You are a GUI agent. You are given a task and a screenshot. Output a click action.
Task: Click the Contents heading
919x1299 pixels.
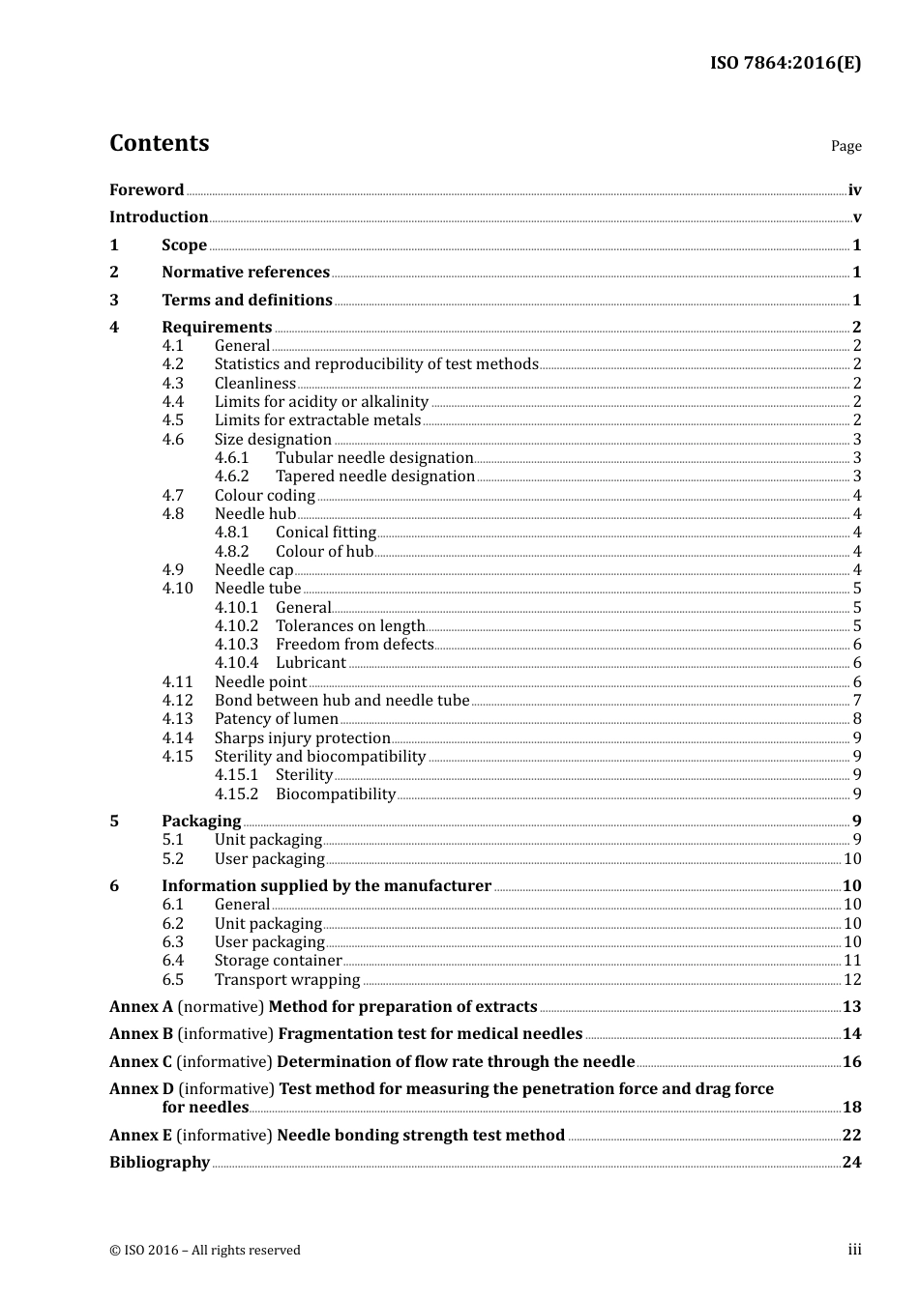159,143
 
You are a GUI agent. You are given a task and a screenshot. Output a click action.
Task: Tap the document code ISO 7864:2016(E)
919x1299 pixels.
785,63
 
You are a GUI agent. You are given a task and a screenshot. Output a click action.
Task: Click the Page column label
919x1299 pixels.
845,146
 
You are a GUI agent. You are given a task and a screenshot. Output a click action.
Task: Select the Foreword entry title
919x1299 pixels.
146,190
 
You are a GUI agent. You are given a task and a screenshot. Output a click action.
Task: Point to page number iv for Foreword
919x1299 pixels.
854,190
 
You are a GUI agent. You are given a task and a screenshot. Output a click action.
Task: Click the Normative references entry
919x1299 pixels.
246,273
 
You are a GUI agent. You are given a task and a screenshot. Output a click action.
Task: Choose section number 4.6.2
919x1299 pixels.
231,476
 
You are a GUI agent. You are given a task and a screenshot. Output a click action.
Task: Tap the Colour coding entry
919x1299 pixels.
264,496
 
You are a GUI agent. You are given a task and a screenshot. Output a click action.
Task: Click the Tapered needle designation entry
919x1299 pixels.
374,476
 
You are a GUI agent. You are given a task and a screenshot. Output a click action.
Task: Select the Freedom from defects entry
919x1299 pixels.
354,645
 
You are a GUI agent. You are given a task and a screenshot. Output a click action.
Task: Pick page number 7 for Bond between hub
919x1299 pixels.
856,701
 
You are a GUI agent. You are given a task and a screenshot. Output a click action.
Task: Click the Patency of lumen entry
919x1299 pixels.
276,719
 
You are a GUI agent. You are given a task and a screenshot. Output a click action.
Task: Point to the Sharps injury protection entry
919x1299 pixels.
302,738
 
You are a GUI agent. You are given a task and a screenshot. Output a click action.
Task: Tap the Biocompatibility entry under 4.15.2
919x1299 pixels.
335,794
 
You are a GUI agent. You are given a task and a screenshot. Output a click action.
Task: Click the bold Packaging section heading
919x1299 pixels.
201,822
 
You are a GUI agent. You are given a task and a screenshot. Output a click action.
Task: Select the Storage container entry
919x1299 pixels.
278,961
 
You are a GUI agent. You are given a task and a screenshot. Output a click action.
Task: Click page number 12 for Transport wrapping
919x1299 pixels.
851,980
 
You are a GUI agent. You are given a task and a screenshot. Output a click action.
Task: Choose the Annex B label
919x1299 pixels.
141,1034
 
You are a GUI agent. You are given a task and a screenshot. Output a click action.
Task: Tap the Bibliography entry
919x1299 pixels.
160,1163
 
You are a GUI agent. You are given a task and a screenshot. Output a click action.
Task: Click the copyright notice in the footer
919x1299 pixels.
205,1251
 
